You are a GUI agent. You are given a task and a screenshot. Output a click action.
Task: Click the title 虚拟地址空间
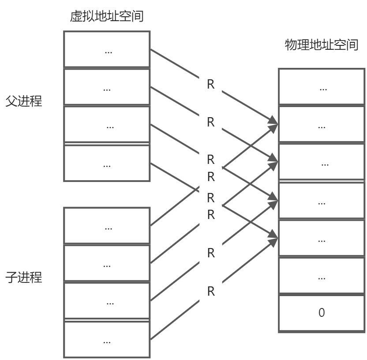(107, 17)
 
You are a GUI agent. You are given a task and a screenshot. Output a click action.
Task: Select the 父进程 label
(24, 101)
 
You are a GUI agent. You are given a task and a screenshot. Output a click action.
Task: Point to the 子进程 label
(24, 278)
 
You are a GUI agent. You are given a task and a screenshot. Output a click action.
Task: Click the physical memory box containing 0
(322, 313)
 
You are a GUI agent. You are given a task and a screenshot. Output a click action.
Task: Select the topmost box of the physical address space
(322, 87)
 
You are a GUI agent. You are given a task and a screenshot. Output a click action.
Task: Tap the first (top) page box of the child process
(107, 225)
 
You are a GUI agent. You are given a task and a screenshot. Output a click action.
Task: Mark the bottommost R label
(211, 291)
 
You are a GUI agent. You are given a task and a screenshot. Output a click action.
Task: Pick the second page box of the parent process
(107, 87)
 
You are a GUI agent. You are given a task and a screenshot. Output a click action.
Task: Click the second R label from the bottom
(211, 253)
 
